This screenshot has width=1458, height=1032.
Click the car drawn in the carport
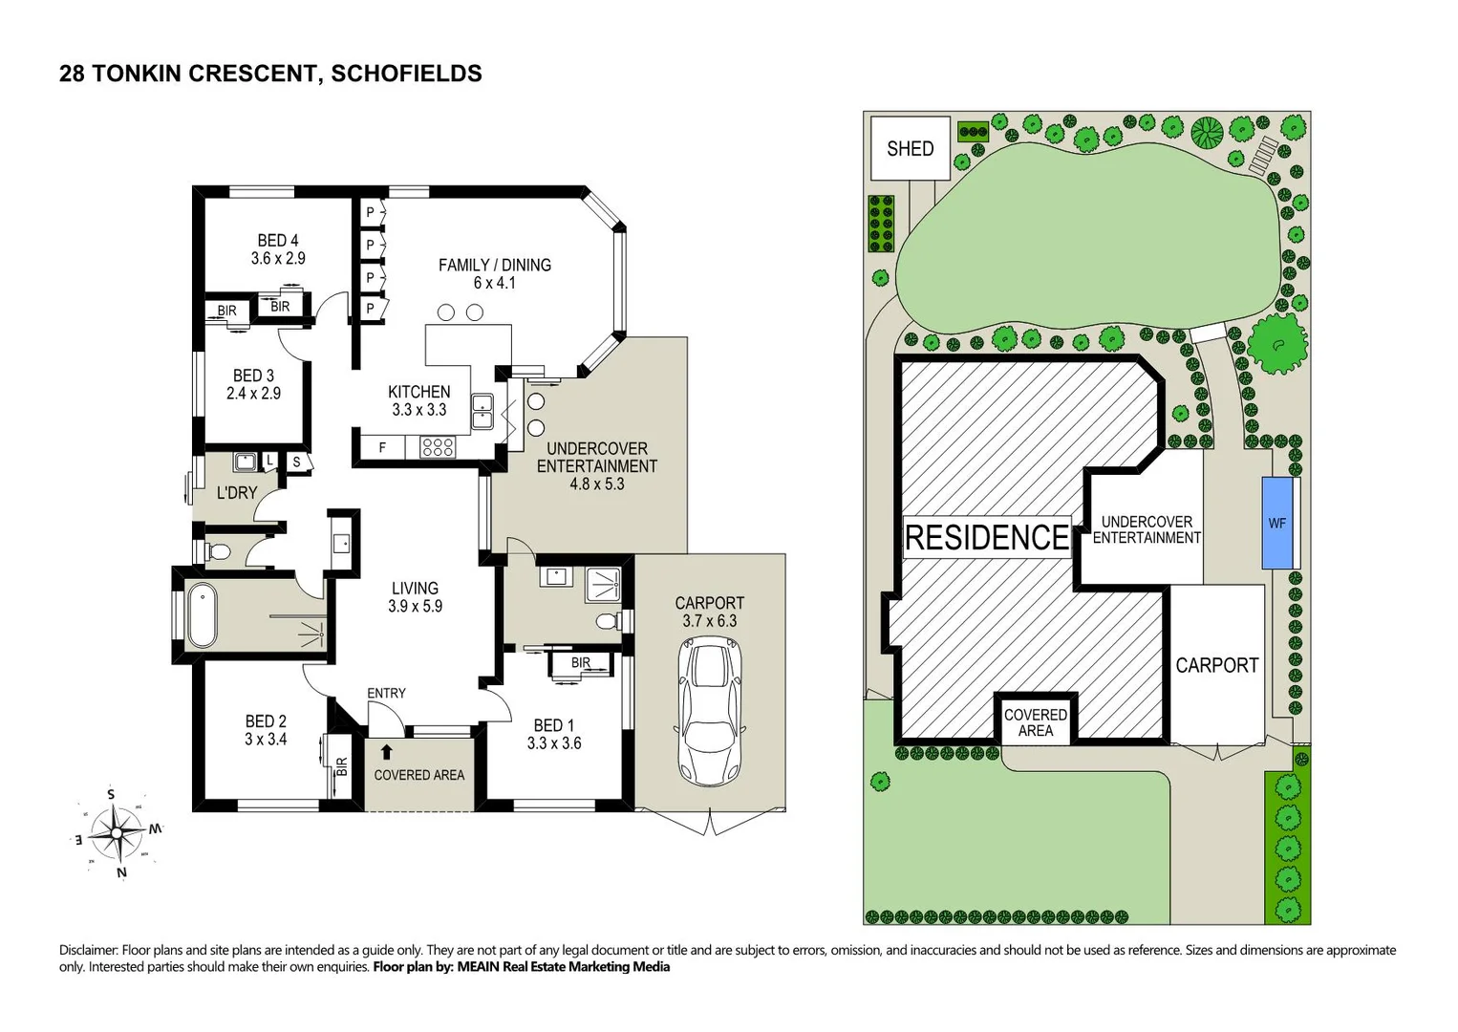[x=710, y=711]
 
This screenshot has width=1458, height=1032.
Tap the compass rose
[x=117, y=832]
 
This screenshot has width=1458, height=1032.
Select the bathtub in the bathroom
[x=203, y=615]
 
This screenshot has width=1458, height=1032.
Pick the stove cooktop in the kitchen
[x=438, y=446]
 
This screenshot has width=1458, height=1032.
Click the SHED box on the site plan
[x=910, y=148]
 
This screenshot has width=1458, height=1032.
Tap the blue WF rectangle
[x=1277, y=523]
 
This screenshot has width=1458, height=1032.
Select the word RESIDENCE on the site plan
[x=986, y=538]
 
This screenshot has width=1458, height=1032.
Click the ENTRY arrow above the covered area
[x=386, y=752]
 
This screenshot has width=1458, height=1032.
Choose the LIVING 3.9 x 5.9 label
[x=415, y=597]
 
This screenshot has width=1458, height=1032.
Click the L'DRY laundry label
[x=236, y=493]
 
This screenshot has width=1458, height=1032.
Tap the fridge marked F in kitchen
[x=382, y=447]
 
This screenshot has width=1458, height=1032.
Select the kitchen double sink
[x=482, y=410]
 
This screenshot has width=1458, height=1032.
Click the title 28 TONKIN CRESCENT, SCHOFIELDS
[x=270, y=74]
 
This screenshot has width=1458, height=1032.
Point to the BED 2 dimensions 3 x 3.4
[x=266, y=740]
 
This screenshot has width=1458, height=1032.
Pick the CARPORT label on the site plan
[x=1216, y=665]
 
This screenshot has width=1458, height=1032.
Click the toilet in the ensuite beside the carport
[x=607, y=622]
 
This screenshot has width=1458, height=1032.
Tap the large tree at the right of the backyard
[x=1277, y=344]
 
